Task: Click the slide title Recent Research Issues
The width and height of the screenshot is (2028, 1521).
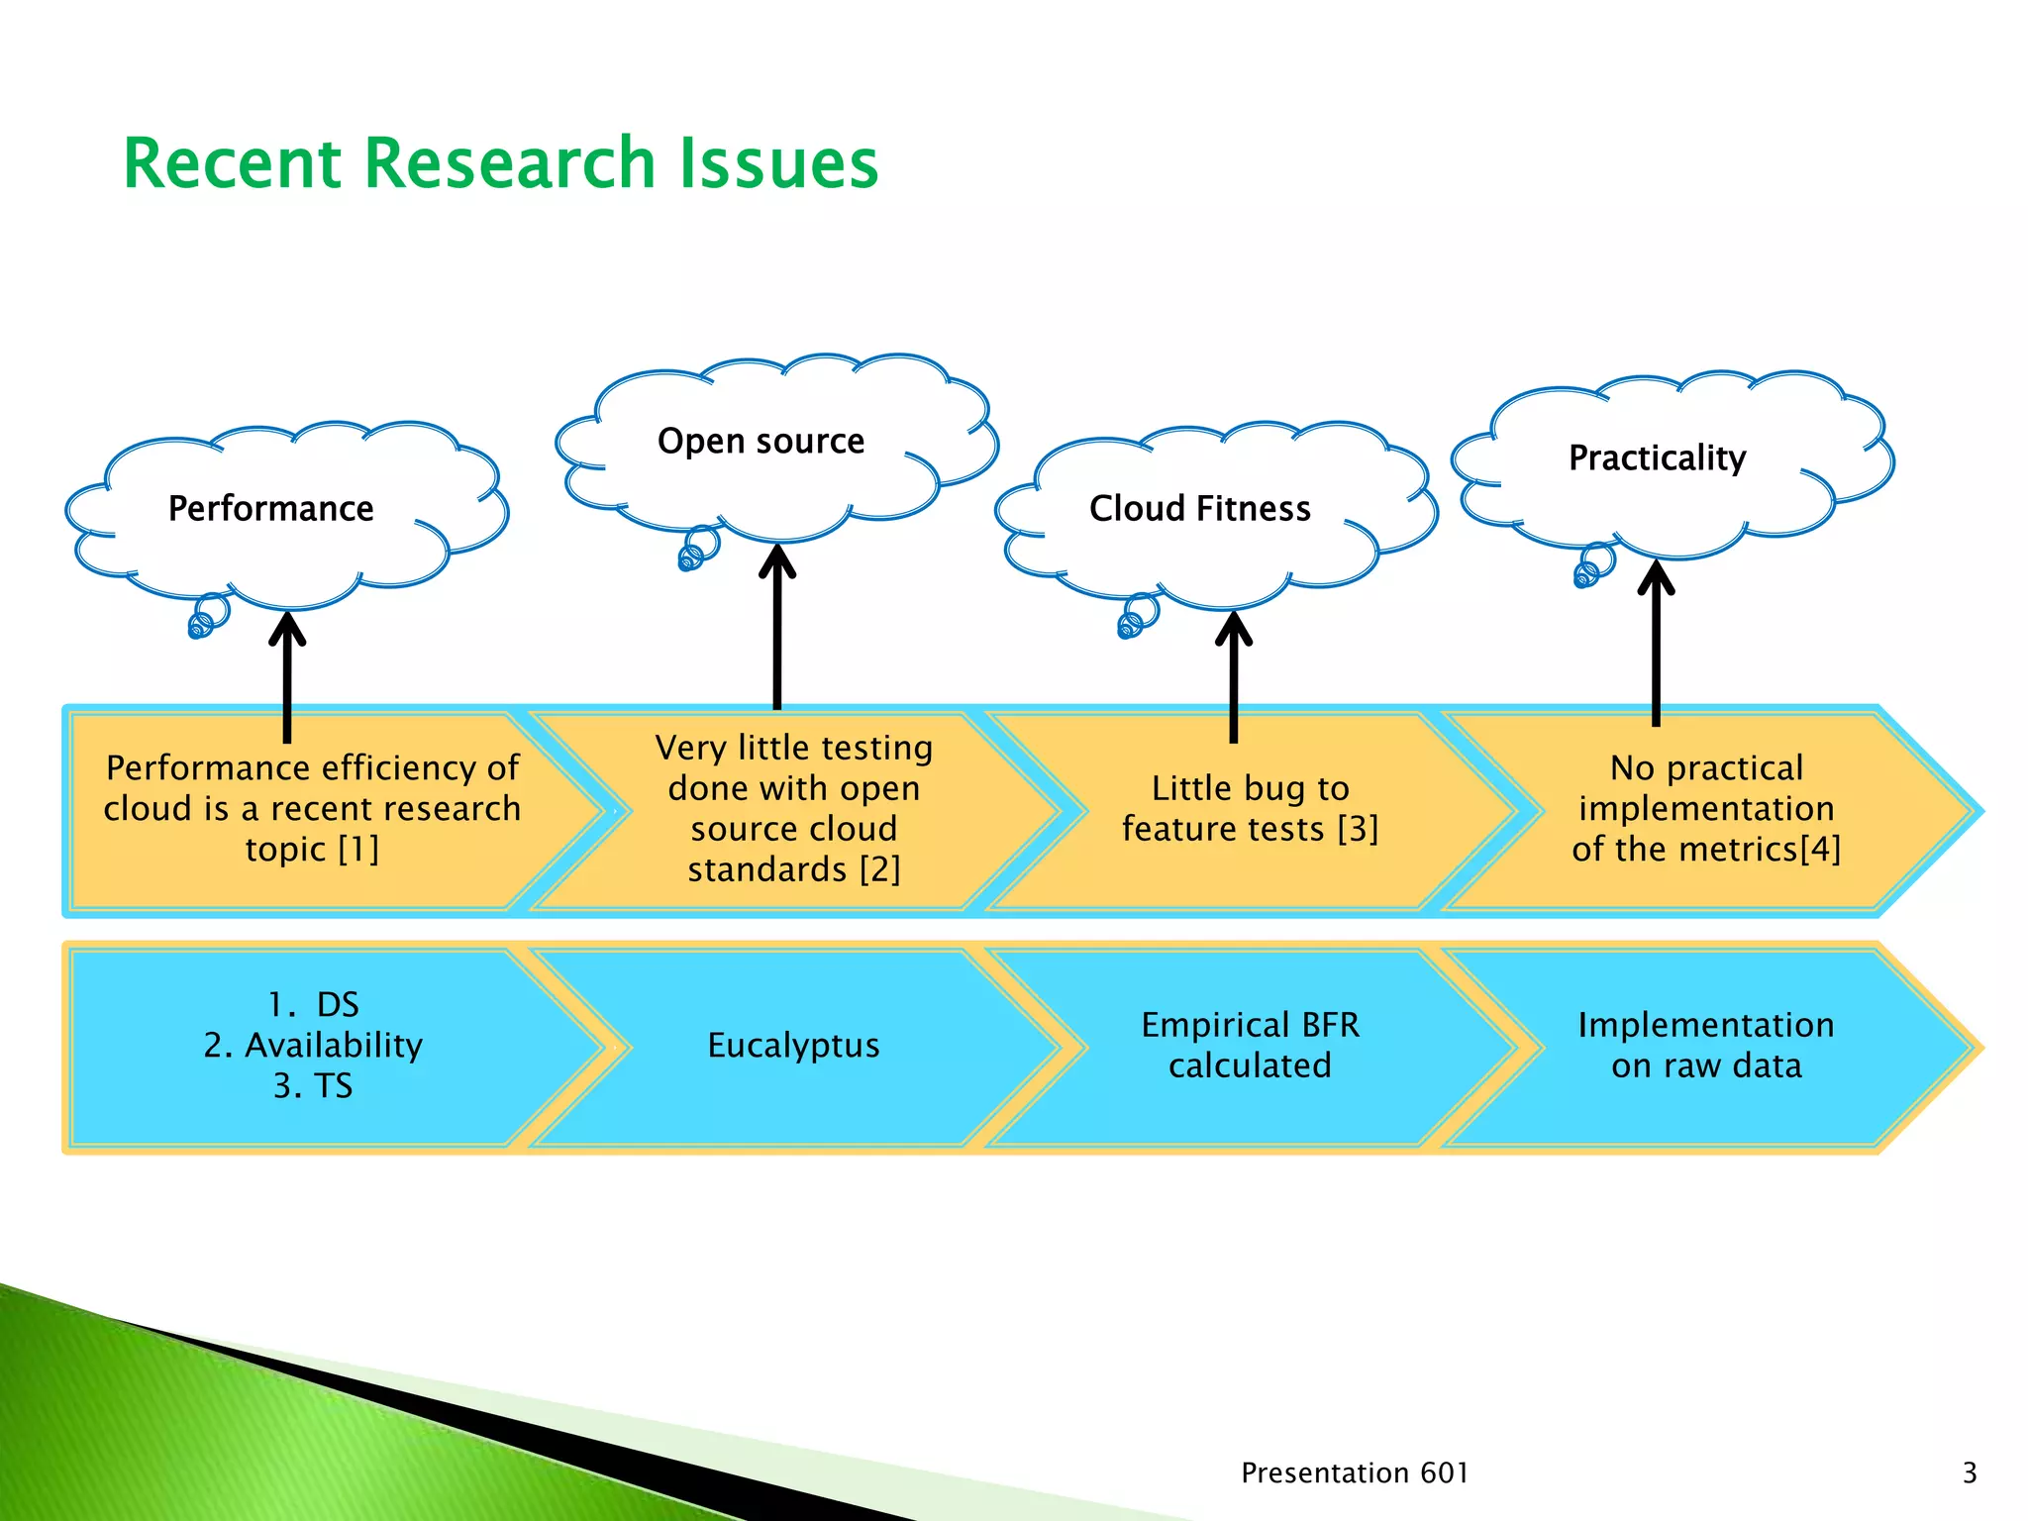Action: pyautogui.click(x=500, y=163)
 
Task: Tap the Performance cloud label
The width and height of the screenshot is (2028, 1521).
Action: pyautogui.click(x=270, y=509)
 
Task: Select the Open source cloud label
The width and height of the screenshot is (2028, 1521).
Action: pyautogui.click(x=760, y=442)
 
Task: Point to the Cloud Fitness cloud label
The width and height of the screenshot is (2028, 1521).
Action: pyautogui.click(x=1199, y=509)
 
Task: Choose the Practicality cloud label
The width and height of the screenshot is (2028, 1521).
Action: pyautogui.click(x=1657, y=458)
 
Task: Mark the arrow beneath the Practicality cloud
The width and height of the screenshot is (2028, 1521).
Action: pyautogui.click(x=1656, y=643)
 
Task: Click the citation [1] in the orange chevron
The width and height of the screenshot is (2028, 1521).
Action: pyautogui.click(x=358, y=850)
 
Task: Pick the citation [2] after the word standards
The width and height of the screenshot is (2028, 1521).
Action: pyautogui.click(x=879, y=870)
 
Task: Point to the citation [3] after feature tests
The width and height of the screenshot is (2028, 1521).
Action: pyautogui.click(x=1358, y=830)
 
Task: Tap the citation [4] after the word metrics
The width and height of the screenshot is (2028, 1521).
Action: pyautogui.click(x=1820, y=850)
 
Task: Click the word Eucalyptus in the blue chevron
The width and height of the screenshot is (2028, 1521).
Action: pyautogui.click(x=793, y=1046)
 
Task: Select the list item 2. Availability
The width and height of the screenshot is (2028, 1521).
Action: pyautogui.click(x=313, y=1046)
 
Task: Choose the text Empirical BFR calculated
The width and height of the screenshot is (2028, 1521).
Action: pyautogui.click(x=1250, y=1046)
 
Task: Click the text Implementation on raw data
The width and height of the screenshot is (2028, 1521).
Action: pyautogui.click(x=1705, y=1046)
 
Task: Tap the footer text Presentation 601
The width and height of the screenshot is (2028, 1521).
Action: pyautogui.click(x=1354, y=1473)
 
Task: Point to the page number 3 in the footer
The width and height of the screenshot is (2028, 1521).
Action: pyautogui.click(x=1969, y=1473)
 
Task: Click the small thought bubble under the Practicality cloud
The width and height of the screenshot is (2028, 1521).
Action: pyautogui.click(x=1592, y=566)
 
